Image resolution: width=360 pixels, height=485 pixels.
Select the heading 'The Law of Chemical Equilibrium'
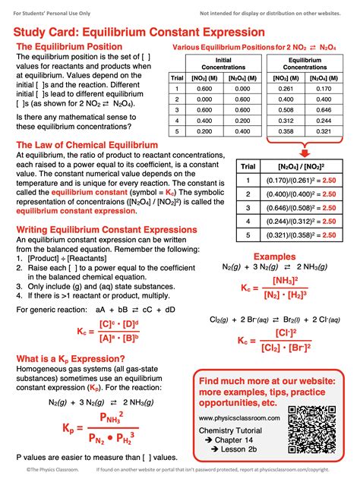tap(87, 144)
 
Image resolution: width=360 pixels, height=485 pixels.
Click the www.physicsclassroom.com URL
tap(238, 418)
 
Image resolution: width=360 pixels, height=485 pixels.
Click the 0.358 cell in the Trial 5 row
tap(285, 131)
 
